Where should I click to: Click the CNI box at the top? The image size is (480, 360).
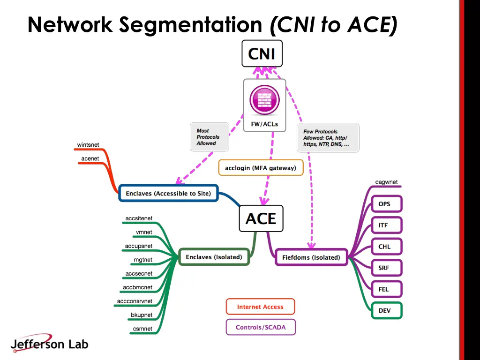click(262, 53)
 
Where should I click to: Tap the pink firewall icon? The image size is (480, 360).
click(264, 100)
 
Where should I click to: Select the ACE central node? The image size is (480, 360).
click(261, 218)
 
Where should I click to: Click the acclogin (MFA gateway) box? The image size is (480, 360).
click(261, 168)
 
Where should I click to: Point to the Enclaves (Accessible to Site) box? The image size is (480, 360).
click(168, 193)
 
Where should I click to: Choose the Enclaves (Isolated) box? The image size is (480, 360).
click(214, 257)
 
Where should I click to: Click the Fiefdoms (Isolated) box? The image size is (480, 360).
click(311, 257)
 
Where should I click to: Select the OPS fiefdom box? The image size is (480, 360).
click(384, 204)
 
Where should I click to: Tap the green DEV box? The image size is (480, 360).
click(384, 310)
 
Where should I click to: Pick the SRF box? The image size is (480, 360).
click(384, 268)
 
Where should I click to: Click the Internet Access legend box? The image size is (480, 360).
click(260, 307)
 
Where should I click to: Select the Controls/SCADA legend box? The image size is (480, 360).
click(260, 327)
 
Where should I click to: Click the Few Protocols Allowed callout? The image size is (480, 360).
click(328, 138)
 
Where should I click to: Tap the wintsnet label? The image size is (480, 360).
click(88, 145)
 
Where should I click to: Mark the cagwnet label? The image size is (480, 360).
click(386, 182)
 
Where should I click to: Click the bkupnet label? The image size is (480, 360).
click(142, 315)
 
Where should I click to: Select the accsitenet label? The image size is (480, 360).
click(139, 218)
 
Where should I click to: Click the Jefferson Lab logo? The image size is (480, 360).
click(49, 344)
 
